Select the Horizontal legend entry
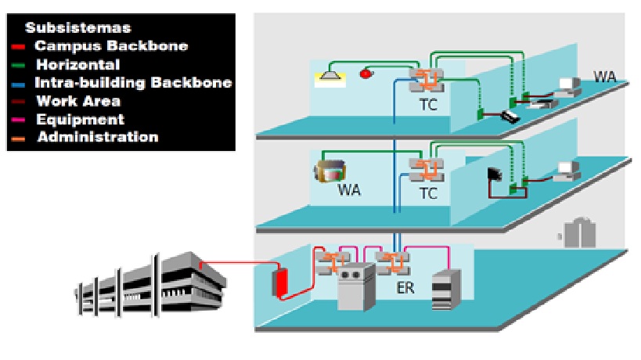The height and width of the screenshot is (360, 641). [77, 64]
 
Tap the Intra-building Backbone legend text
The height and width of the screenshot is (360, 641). [133, 82]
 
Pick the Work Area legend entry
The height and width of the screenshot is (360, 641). [78, 101]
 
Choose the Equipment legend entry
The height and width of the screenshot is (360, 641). [80, 120]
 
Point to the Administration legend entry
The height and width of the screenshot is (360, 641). [97, 138]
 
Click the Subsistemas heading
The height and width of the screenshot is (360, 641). [77, 27]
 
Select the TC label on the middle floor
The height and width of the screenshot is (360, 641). [428, 193]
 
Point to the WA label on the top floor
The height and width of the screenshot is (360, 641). [604, 77]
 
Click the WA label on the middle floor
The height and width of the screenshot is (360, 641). [349, 190]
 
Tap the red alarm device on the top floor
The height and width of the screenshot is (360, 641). [365, 74]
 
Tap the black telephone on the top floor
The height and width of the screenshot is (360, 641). [510, 117]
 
